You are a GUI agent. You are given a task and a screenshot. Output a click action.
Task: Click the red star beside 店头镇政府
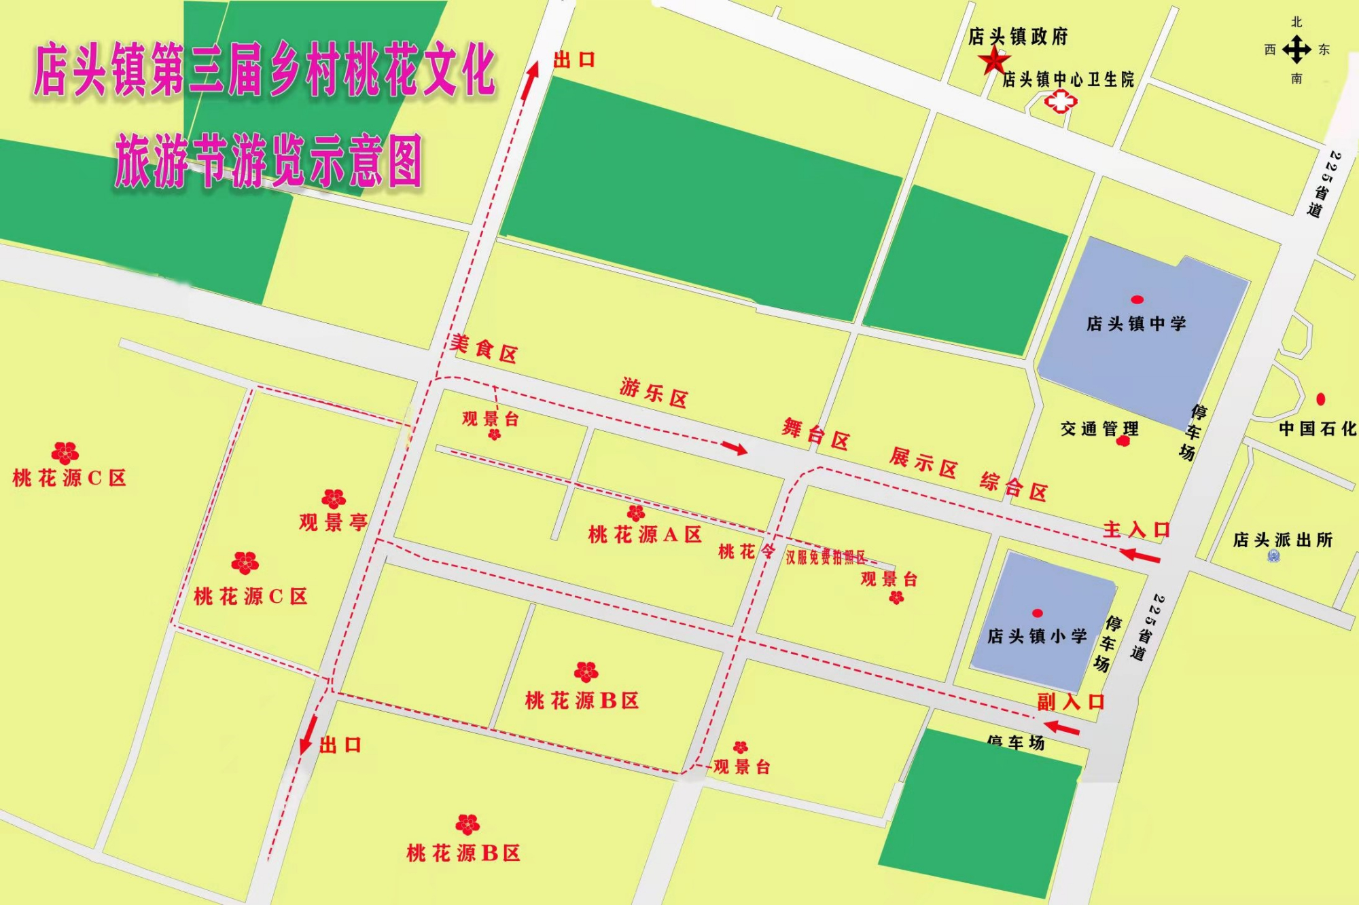993,61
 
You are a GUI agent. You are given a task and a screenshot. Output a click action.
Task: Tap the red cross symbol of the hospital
1060,103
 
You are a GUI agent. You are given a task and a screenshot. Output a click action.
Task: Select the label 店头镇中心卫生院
1068,80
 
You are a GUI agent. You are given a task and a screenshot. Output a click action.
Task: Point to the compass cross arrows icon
1296,50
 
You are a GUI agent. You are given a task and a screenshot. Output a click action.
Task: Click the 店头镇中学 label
1136,324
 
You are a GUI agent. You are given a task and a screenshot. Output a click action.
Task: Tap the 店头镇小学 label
1037,636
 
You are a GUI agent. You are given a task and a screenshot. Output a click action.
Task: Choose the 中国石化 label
1318,428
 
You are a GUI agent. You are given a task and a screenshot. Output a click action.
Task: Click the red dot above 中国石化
1320,399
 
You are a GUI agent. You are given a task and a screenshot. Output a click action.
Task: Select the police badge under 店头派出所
1273,557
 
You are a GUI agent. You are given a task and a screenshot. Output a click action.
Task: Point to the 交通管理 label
1099,428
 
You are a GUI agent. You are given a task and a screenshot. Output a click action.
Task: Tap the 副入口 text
1070,701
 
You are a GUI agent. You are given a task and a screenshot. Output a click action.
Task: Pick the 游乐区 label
654,393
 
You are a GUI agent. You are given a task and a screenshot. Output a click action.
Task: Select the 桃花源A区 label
645,535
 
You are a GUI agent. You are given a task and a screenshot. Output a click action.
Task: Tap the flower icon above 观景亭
334,499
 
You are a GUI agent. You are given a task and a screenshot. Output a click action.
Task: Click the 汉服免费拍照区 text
826,557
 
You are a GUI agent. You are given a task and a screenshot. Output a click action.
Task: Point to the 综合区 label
1013,486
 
